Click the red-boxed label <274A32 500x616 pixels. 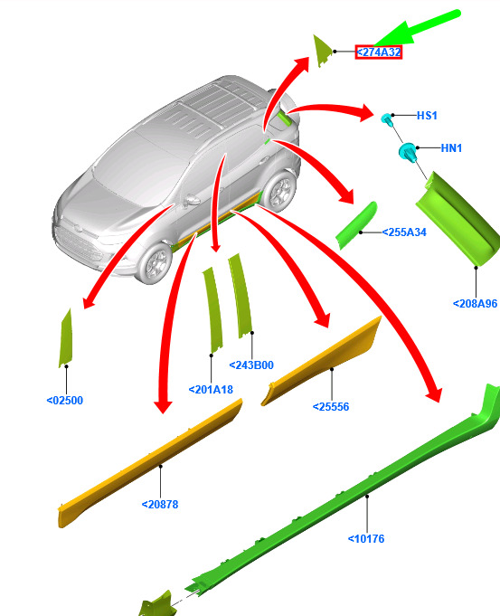[379, 52]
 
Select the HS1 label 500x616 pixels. [427, 116]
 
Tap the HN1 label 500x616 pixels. [451, 148]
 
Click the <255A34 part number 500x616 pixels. [404, 232]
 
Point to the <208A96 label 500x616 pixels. [476, 304]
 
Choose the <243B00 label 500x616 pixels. [251, 365]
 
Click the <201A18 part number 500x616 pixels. [211, 389]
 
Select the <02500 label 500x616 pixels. [65, 401]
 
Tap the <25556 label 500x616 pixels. [331, 407]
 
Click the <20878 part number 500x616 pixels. [160, 504]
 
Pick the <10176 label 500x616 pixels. [366, 538]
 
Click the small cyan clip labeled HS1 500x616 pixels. [387, 118]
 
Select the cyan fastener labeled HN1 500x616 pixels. [409, 152]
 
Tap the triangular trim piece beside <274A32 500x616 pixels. [321, 51]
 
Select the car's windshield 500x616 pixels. [141, 165]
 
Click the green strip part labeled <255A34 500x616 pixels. [356, 225]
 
